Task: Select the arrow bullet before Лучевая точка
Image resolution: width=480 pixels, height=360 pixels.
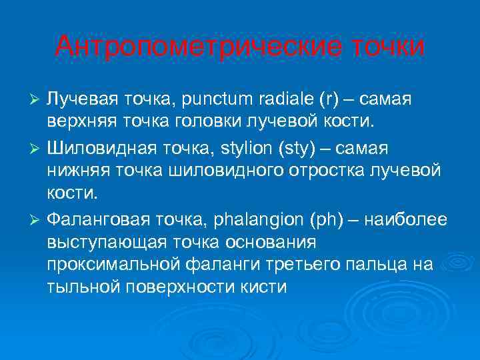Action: tap(37, 100)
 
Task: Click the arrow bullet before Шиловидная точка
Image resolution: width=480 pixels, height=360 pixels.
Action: tap(37, 147)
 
